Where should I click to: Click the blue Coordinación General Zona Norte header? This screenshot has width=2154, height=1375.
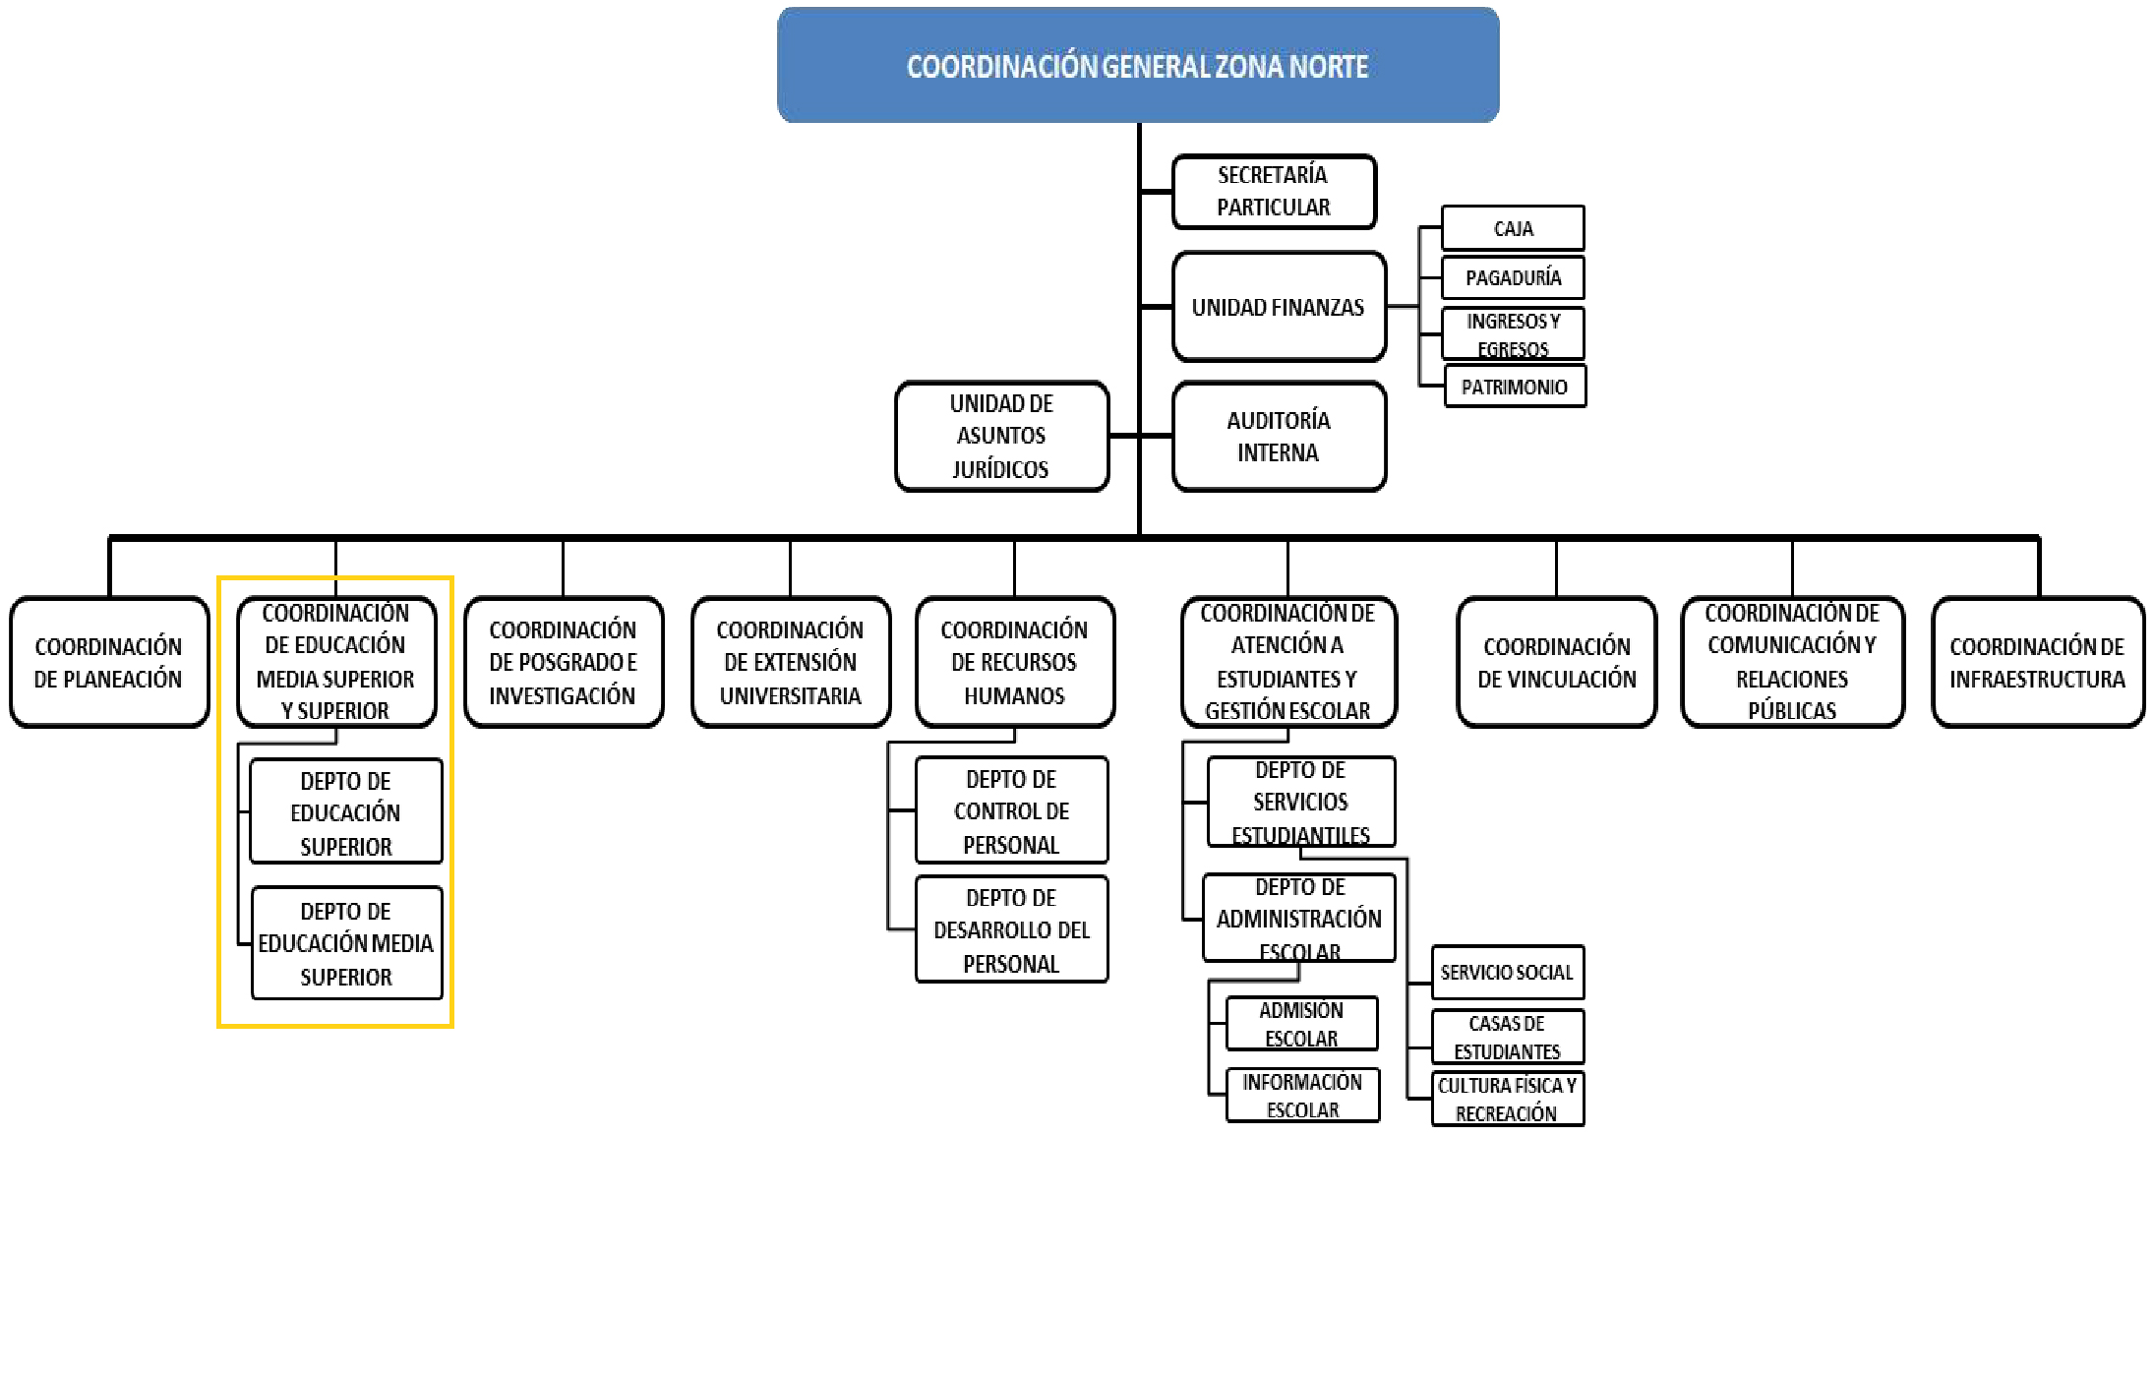point(1137,65)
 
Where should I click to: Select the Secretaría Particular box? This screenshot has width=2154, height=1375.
point(1273,191)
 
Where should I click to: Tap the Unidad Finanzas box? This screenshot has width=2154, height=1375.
point(1278,307)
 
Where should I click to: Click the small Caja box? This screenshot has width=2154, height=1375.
point(1512,228)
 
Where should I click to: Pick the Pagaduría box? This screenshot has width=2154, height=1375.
point(1512,277)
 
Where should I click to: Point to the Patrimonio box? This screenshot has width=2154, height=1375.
point(1514,387)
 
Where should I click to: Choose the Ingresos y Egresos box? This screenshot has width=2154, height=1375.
point(1512,333)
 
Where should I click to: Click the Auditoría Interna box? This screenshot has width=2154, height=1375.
point(1278,436)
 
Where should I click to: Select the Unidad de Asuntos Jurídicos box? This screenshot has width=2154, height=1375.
point(1000,436)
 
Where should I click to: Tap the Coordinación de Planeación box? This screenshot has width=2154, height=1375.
point(108,662)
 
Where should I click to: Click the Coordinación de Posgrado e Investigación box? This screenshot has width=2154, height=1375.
point(563,662)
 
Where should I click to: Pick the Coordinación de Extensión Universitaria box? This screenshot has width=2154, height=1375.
point(790,662)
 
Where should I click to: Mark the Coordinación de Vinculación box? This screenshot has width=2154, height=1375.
point(1556,662)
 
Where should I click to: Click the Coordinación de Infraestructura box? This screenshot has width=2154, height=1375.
point(2037,662)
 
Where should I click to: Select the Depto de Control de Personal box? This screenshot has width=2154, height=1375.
point(1010,810)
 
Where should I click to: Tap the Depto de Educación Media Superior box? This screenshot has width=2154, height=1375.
point(345,943)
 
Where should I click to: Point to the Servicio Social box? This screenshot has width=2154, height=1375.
point(1506,972)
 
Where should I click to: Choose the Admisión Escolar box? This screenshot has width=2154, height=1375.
point(1300,1023)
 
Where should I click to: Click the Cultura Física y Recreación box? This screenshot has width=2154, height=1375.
point(1506,1099)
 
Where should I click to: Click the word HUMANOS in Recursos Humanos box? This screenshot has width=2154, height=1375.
point(1014,696)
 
